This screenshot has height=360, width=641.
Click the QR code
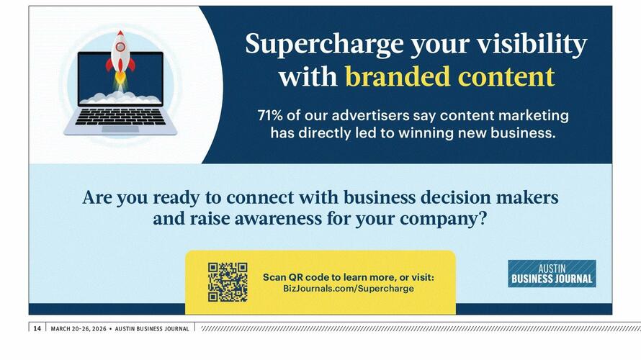228,282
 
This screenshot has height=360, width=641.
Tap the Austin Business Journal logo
552,274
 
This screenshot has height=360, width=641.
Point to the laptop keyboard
120,117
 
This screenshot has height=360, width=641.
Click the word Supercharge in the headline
325,45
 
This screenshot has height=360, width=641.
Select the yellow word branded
398,76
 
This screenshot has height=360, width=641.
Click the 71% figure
270,115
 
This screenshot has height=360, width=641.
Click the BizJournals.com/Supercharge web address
349,289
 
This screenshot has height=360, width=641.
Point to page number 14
37,328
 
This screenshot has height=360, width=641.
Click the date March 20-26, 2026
79,328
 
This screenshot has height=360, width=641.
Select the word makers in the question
527,197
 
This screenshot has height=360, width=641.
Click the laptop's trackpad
120,129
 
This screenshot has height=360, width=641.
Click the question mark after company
483,218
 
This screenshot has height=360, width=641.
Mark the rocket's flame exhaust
120,80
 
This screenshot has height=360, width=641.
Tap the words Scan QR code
295,277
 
